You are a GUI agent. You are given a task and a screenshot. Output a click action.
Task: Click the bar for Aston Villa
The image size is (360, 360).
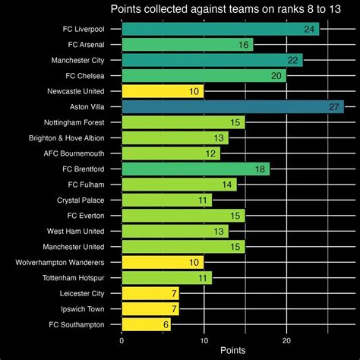click(x=232, y=106)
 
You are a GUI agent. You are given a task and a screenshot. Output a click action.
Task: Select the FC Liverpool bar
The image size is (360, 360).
click(x=220, y=29)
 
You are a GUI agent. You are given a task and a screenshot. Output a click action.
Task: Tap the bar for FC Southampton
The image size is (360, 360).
click(x=146, y=324)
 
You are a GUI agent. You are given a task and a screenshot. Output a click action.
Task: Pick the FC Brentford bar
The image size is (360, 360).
click(x=195, y=169)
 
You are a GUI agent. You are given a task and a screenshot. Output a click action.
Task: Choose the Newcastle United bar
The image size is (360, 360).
click(x=163, y=91)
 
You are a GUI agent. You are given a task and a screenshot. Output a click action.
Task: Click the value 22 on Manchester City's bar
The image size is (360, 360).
click(x=293, y=60)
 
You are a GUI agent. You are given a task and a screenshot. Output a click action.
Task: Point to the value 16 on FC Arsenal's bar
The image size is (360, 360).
click(x=244, y=45)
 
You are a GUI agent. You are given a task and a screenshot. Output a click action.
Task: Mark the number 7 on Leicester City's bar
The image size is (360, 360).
click(x=174, y=293)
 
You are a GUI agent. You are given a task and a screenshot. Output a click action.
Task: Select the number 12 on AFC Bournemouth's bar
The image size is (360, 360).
click(x=210, y=153)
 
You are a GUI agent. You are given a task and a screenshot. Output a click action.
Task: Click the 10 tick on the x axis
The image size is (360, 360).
click(x=204, y=340)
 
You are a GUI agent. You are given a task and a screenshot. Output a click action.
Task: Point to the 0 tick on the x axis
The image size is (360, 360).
click(x=122, y=340)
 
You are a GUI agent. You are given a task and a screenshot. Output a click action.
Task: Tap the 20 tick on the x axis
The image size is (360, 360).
click(x=286, y=340)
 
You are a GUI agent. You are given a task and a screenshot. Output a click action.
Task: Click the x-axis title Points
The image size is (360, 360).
click(x=232, y=351)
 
